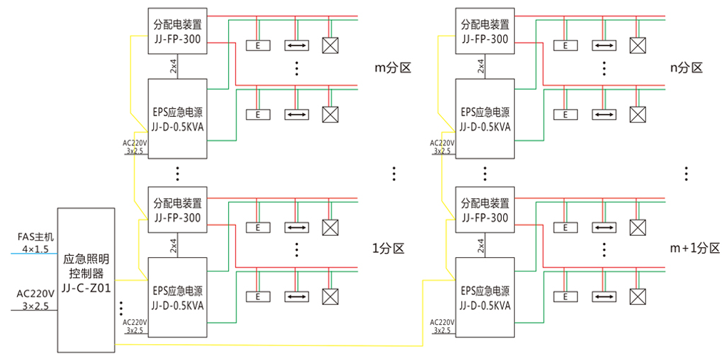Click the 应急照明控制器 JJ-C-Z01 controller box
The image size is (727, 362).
[86, 279]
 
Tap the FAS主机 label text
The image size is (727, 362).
[36, 236]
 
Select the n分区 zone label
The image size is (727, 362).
[686, 68]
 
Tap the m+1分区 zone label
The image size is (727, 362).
[694, 248]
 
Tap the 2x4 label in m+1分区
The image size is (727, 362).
[481, 246]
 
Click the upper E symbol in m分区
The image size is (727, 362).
[259, 46]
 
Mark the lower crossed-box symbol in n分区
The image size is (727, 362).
[637, 114]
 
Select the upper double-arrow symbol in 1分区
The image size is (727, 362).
[297, 227]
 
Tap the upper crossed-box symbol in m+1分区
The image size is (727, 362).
[637, 227]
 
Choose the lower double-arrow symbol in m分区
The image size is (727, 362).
[297, 114]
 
